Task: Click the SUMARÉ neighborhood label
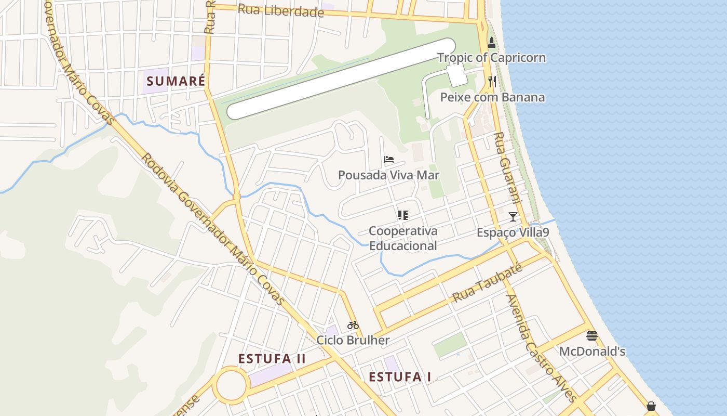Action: tap(176, 81)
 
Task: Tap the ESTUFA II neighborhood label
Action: tap(272, 359)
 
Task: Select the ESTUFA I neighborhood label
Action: tap(400, 377)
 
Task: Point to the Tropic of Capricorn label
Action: tap(491, 58)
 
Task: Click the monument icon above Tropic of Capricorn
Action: tap(492, 43)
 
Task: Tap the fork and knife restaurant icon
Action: tap(492, 81)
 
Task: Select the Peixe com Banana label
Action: tap(492, 97)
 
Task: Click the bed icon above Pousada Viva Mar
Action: tap(389, 159)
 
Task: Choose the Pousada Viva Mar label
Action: tap(388, 175)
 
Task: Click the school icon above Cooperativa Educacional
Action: tap(402, 215)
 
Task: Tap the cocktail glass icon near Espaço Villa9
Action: tap(513, 216)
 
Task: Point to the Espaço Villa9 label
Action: tap(513, 232)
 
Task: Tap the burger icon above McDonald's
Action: tap(591, 335)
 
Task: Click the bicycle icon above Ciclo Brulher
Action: tap(353, 325)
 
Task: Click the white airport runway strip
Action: tap(341, 79)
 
